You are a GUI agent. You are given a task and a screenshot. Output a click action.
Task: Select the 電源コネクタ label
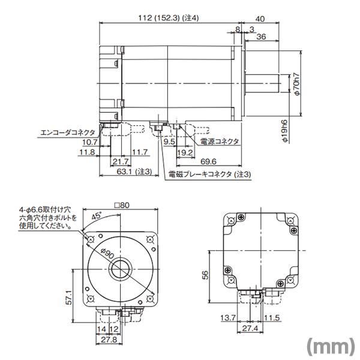(220, 142)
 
